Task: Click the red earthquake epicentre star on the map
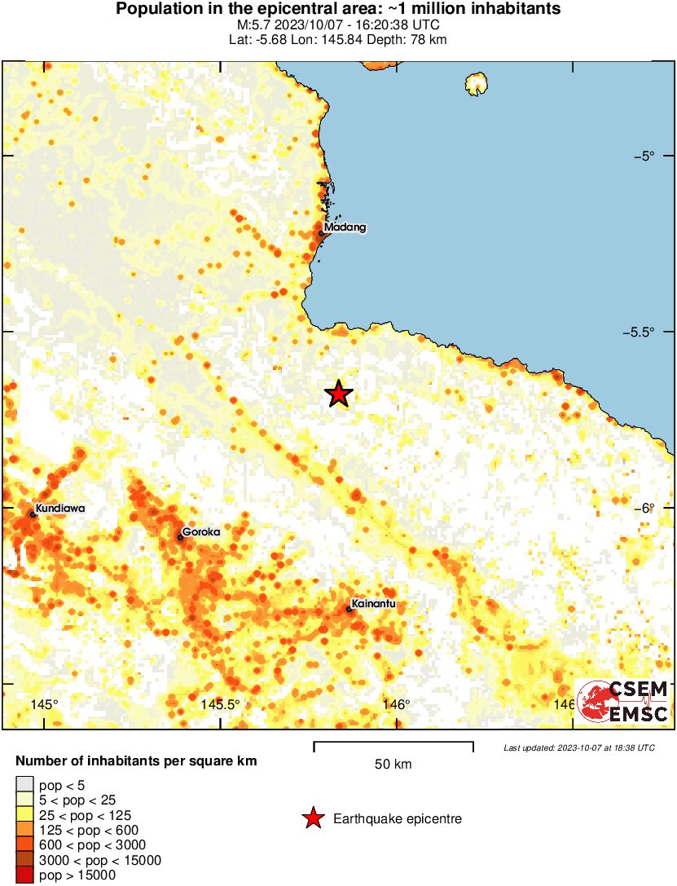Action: coord(339,395)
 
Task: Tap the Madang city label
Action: coord(345,227)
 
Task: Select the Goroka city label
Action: coord(201,532)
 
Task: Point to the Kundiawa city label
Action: coord(59,509)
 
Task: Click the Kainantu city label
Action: coord(373,605)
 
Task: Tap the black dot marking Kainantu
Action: coord(349,610)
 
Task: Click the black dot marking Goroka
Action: coord(180,537)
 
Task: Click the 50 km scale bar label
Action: coord(393,765)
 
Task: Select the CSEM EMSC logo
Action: coord(623,701)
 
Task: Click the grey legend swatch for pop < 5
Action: coord(24,786)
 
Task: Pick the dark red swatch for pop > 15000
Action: coord(24,875)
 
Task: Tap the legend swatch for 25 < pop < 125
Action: coord(24,815)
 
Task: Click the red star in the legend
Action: coord(312,819)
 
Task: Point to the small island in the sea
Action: coord(476,83)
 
